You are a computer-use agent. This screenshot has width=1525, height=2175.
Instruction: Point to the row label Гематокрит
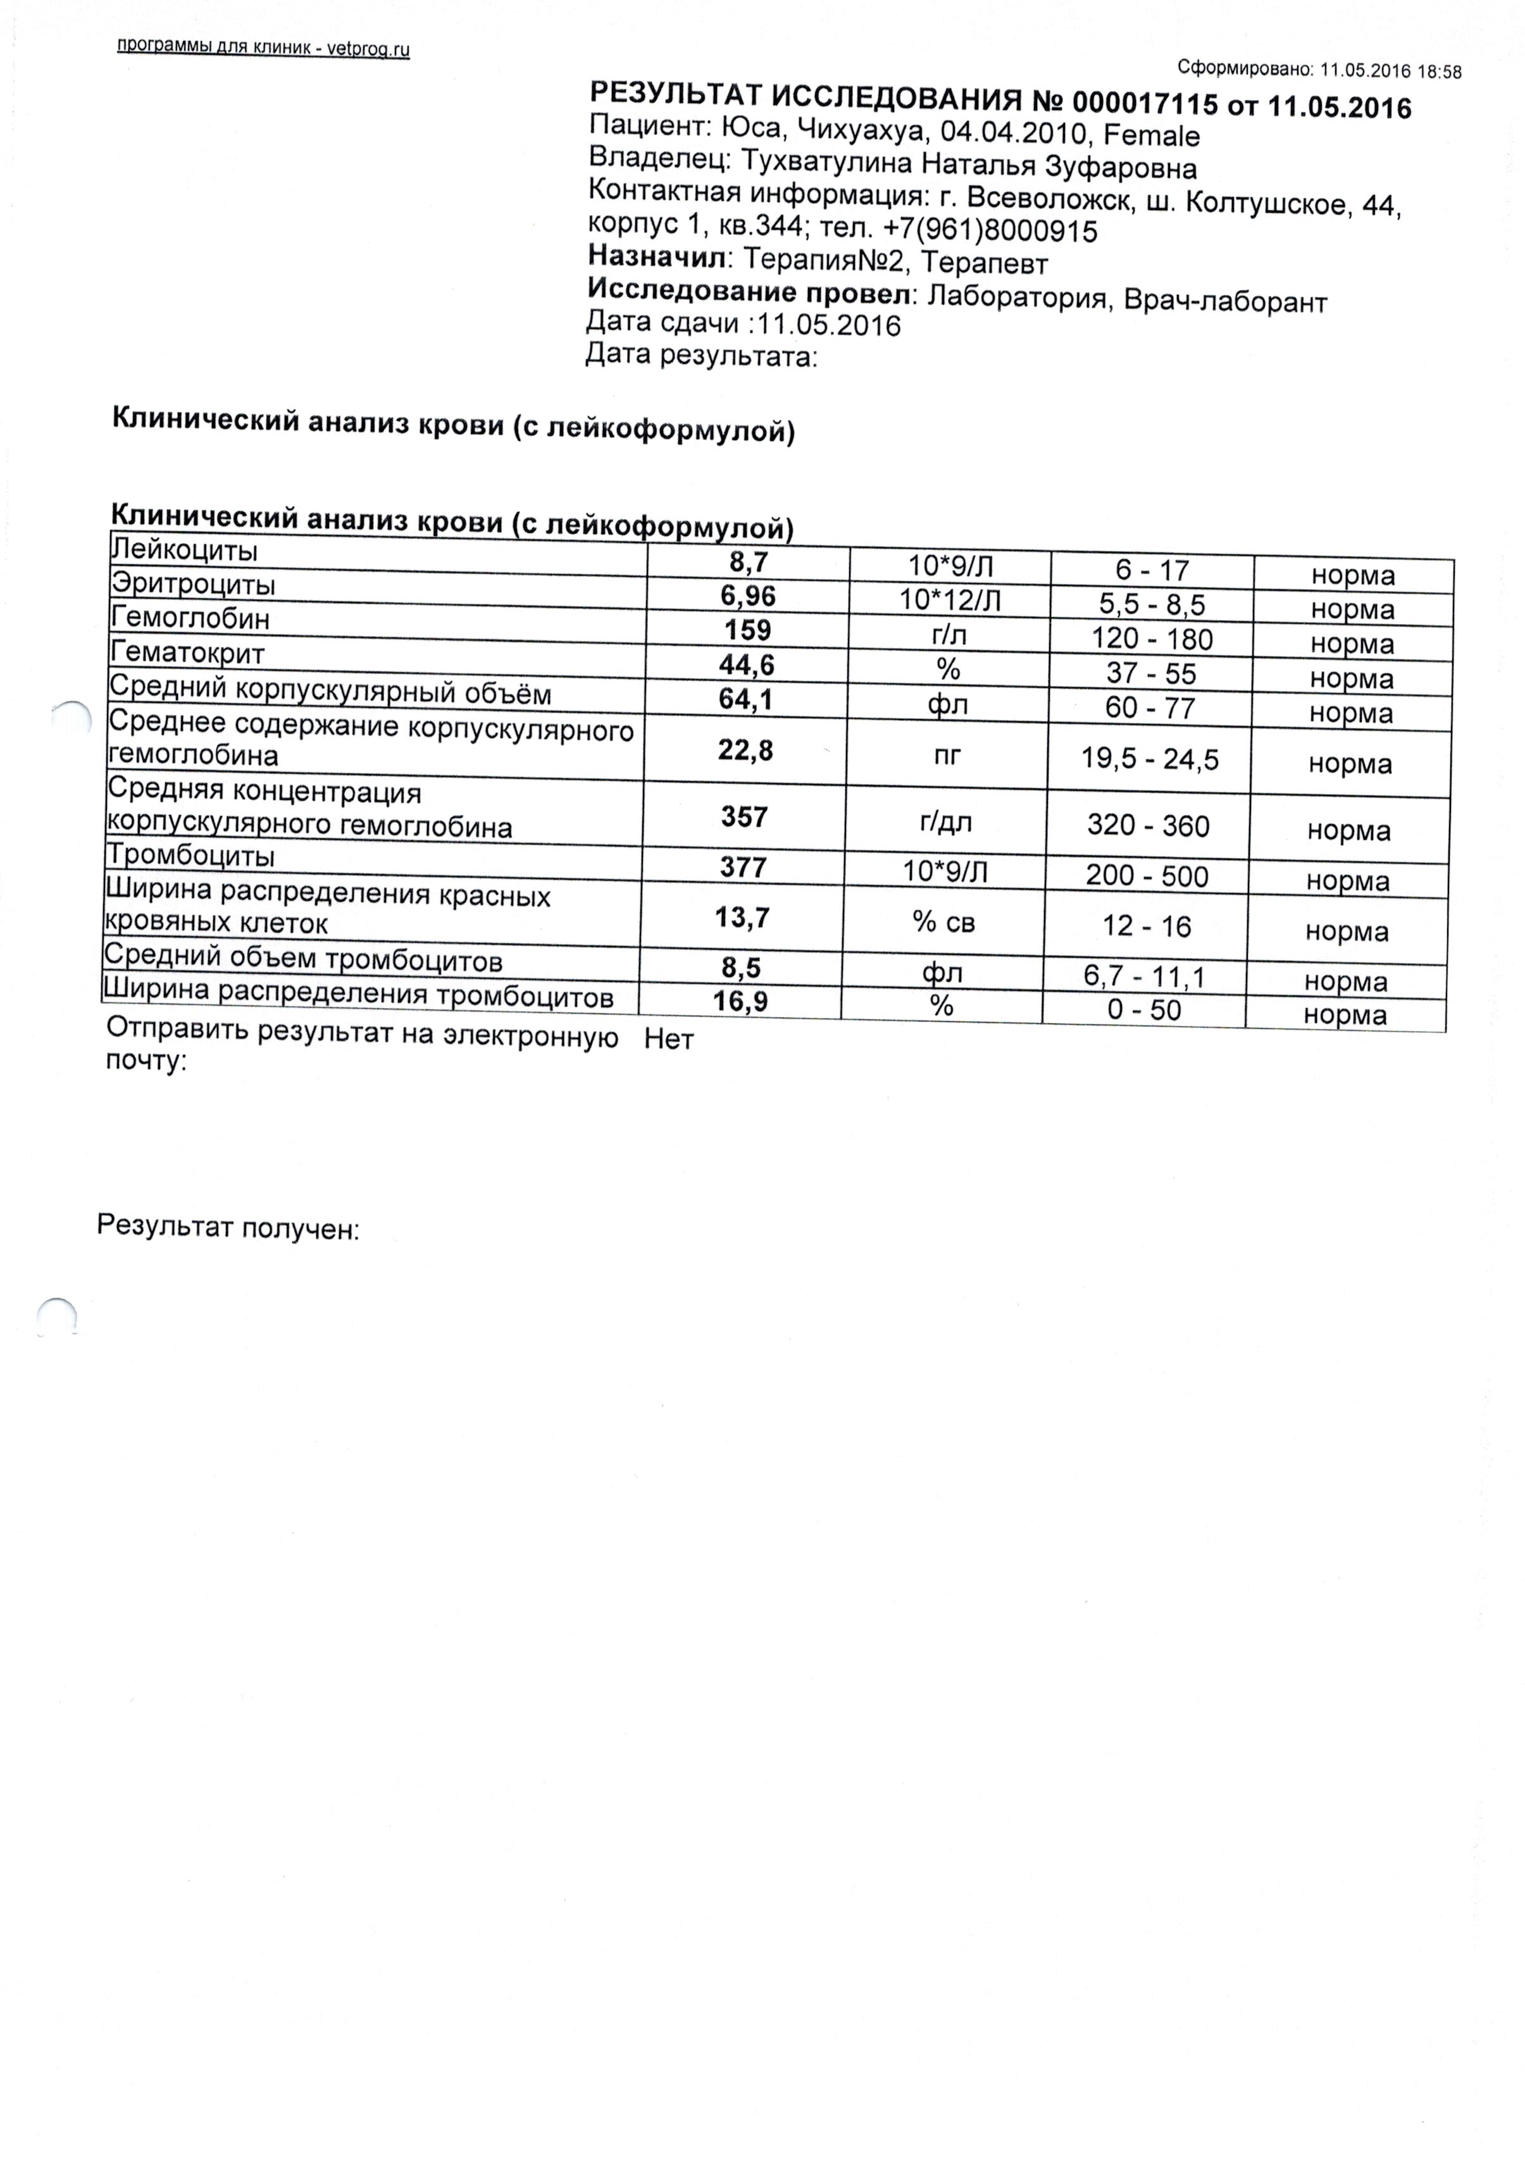[187, 652]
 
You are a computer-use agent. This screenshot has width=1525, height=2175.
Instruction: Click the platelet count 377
[745, 867]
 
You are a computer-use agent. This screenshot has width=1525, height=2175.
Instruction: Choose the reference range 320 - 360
[1148, 826]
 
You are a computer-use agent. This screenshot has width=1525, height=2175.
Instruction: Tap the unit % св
[943, 922]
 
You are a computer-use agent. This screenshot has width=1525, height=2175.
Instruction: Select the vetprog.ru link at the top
[368, 50]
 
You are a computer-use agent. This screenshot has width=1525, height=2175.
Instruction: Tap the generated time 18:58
[1440, 71]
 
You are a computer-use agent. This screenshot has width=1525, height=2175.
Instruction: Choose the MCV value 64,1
[747, 700]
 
